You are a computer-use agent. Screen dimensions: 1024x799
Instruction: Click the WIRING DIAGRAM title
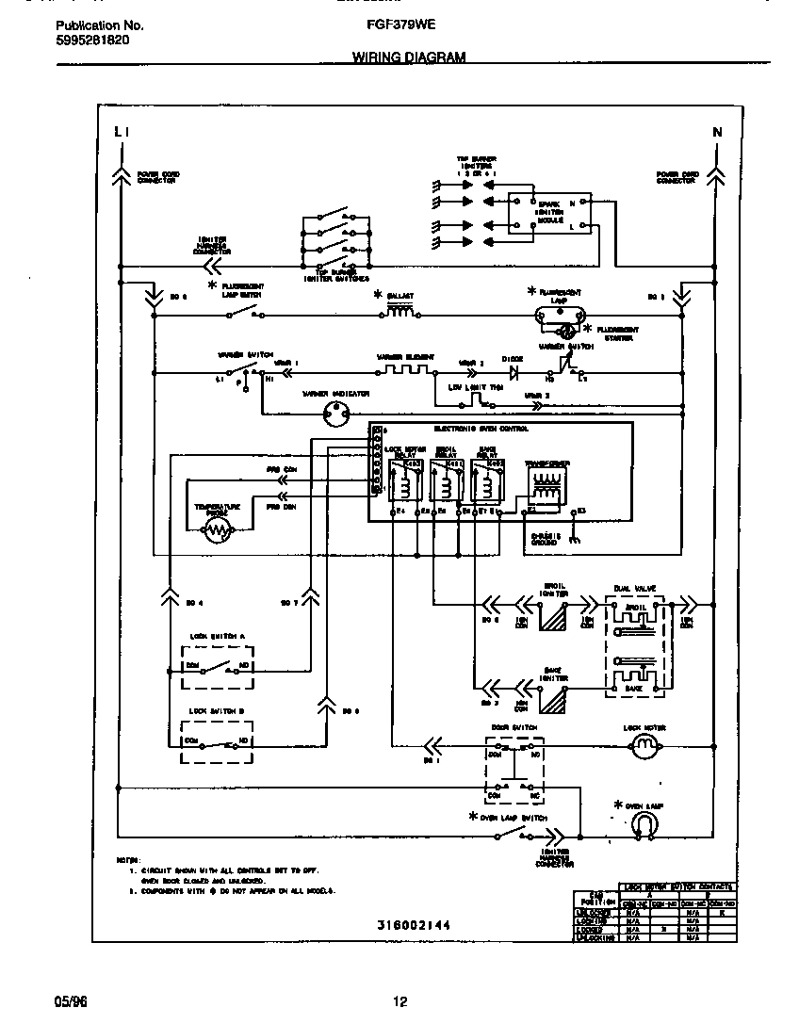[409, 57]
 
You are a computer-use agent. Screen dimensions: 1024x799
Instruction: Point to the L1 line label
[120, 133]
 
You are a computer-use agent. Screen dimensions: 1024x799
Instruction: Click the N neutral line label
[717, 133]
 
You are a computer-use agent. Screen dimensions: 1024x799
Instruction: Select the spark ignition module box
[550, 214]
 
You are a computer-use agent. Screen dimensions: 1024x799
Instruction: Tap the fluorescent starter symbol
[566, 331]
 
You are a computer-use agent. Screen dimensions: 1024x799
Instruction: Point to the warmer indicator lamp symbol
[334, 411]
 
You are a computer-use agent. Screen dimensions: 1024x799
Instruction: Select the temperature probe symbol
[219, 531]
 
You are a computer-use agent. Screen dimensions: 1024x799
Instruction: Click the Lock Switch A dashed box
[216, 666]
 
